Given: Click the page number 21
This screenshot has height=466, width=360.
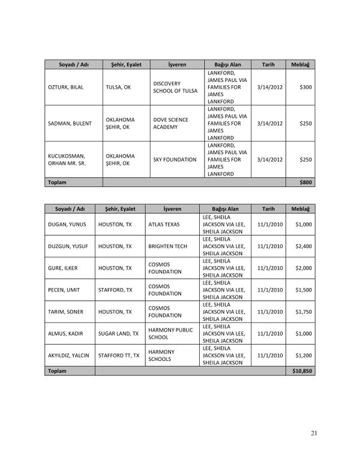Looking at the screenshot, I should [x=314, y=432].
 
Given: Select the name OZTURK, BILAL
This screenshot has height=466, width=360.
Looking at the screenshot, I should [x=66, y=88].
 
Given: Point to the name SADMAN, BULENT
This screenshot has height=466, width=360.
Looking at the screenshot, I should [x=70, y=124].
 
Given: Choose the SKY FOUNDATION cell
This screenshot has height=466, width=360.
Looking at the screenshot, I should [x=175, y=160].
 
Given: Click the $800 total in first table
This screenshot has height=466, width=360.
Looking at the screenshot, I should [x=305, y=181].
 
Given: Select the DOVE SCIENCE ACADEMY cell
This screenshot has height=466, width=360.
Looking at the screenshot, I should [x=171, y=124].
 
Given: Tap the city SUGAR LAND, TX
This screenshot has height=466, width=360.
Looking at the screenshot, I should [x=119, y=333].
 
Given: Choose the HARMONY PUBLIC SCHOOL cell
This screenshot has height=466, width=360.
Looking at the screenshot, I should [x=174, y=333].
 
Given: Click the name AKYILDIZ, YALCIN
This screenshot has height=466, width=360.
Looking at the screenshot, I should [x=68, y=356].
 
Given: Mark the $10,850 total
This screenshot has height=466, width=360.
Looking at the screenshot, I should [x=300, y=371].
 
